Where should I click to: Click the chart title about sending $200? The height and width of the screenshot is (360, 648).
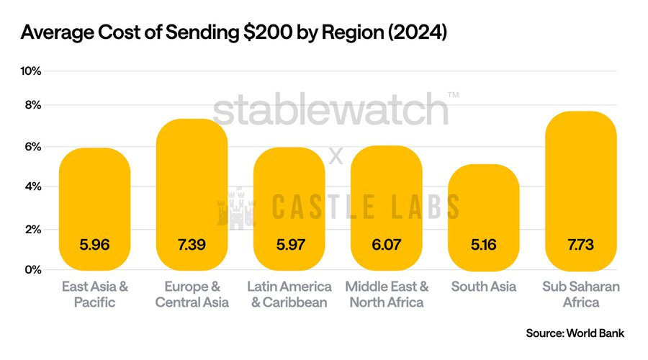pyautogui.click(x=234, y=33)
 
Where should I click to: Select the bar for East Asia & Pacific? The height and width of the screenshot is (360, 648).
pyautogui.click(x=94, y=209)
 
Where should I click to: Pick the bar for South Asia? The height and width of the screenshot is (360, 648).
pyautogui.click(x=483, y=216)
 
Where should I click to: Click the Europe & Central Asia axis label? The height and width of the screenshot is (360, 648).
pyautogui.click(x=192, y=294)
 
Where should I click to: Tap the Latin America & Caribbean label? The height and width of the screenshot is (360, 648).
pyautogui.click(x=289, y=294)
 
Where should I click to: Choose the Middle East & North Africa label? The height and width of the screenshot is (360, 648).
pyautogui.click(x=387, y=294)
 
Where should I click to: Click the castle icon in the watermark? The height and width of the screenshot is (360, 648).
pyautogui.click(x=237, y=207)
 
